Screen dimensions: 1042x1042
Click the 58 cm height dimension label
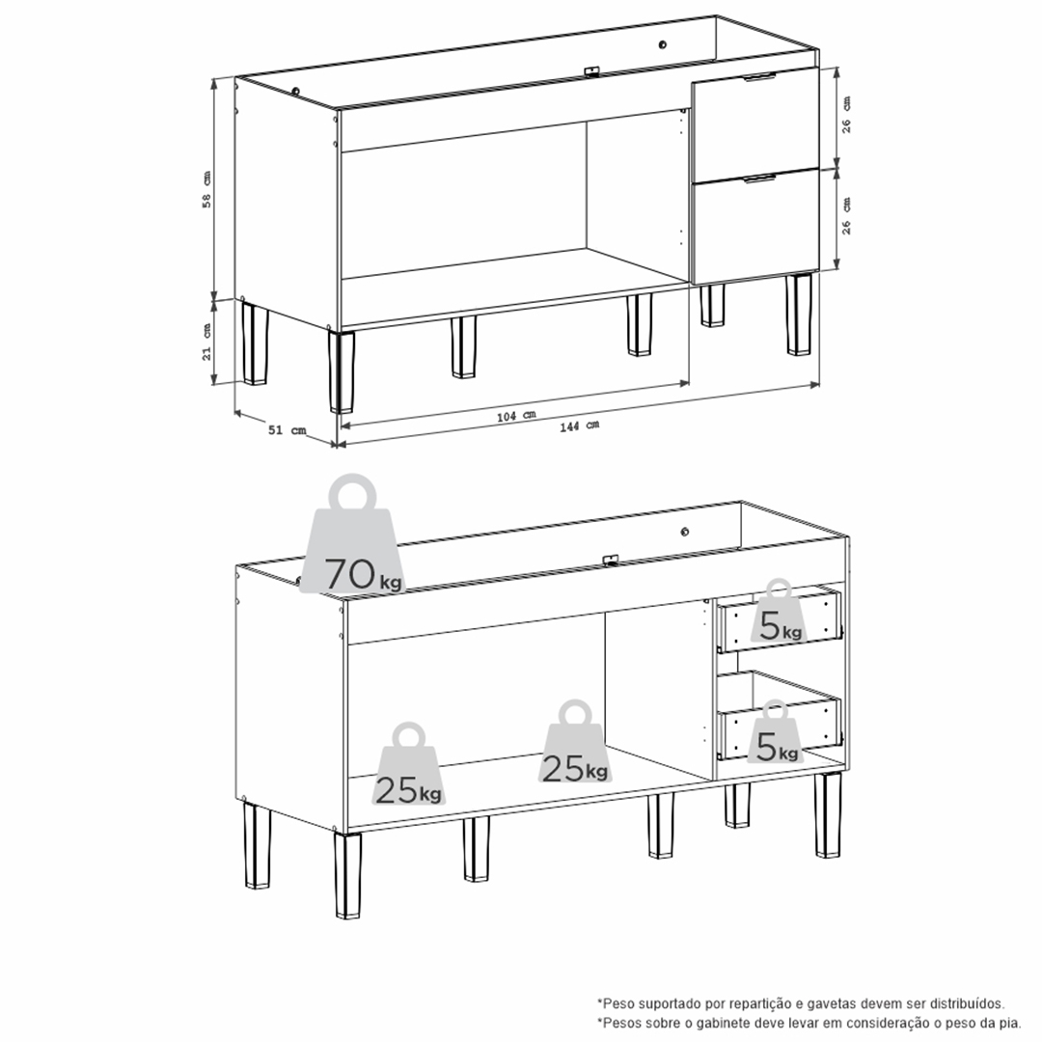[x=206, y=189]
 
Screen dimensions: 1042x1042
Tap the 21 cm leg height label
[x=206, y=343]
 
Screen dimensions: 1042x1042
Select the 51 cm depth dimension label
[x=288, y=430]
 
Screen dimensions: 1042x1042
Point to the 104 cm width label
[x=516, y=416]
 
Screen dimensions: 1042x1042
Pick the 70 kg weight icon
[x=353, y=535]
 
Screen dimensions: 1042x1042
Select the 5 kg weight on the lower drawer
[x=776, y=731]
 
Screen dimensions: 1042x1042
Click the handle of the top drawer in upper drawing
[x=759, y=77]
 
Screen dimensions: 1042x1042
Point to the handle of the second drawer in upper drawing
[x=759, y=178]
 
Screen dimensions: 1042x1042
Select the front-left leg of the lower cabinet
[x=347, y=875]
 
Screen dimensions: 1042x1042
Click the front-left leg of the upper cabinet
[x=342, y=370]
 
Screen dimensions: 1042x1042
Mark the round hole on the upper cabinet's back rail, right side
[x=663, y=44]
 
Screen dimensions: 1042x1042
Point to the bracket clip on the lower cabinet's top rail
[x=611, y=561]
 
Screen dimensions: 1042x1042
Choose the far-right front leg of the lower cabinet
[x=828, y=814]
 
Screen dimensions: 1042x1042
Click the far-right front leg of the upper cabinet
[x=799, y=314]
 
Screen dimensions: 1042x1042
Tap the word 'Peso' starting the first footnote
[x=615, y=1003]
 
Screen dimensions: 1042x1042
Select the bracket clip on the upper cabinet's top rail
[x=591, y=70]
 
